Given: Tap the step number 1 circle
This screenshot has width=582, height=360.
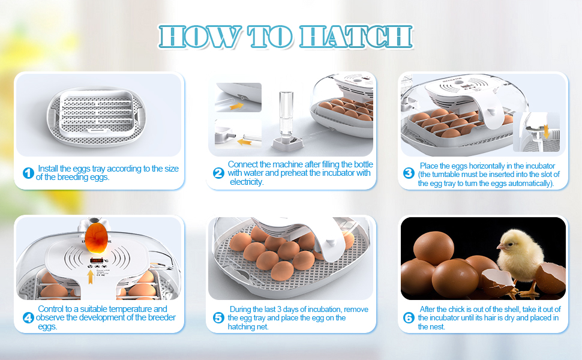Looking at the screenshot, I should [28, 173].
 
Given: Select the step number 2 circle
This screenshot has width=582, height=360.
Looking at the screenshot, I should [218, 173].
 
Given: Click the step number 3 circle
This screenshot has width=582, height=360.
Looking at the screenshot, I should [409, 173].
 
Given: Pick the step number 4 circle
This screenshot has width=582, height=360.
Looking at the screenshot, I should [28, 317].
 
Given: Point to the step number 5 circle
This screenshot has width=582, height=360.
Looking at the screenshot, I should [218, 317].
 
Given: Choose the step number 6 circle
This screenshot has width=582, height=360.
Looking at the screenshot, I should [409, 317].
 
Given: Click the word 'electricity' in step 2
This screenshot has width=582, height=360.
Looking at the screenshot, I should [247, 182].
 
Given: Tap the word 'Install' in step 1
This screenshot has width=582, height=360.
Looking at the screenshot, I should [49, 169].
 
